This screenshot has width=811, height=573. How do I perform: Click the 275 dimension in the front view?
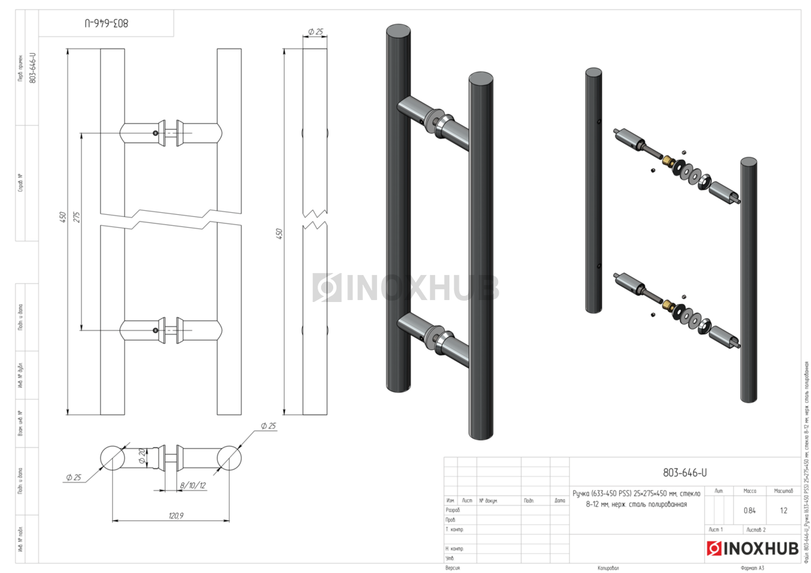tap(76, 217)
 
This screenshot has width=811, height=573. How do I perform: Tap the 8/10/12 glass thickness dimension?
tap(193, 485)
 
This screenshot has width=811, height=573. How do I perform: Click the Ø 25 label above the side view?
tap(316, 31)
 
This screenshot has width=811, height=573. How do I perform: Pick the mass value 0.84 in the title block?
tap(749, 510)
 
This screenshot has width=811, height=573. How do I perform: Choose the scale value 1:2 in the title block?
tap(783, 510)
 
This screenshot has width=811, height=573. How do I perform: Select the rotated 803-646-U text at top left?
tap(107, 23)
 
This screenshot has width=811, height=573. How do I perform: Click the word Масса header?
tap(749, 491)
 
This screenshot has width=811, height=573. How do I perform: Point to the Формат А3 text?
tap(752, 568)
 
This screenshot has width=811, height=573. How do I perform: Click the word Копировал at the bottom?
tap(608, 568)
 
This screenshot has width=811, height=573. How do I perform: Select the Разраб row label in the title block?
tap(453, 509)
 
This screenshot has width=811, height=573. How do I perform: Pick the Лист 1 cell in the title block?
tap(716, 529)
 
